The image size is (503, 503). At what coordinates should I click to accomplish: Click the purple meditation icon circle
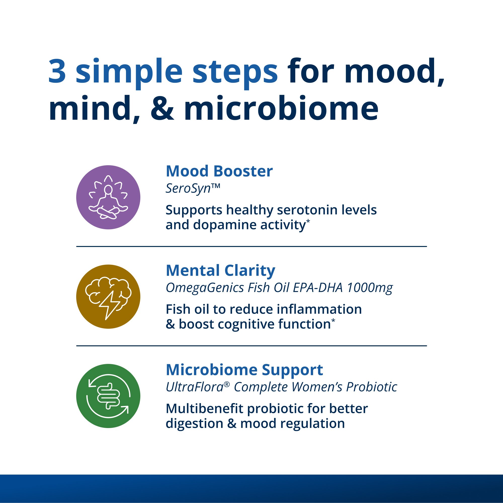tap(108, 197)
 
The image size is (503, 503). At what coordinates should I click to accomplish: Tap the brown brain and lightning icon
tap(108, 297)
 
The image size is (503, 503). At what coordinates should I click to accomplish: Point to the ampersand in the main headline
tap(162, 108)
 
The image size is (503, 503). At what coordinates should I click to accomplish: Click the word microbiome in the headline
tap(281, 108)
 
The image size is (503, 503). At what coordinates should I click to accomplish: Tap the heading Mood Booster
tap(219, 171)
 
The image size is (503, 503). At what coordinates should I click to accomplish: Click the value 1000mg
tap(370, 288)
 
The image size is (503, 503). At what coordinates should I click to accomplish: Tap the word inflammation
tap(319, 309)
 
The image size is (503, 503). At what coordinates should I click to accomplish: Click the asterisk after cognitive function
tap(333, 320)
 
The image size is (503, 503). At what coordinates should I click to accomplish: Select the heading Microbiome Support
tap(244, 370)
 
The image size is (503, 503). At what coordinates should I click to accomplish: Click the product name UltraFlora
tap(195, 387)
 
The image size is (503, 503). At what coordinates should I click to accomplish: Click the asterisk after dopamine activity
tap(308, 221)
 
